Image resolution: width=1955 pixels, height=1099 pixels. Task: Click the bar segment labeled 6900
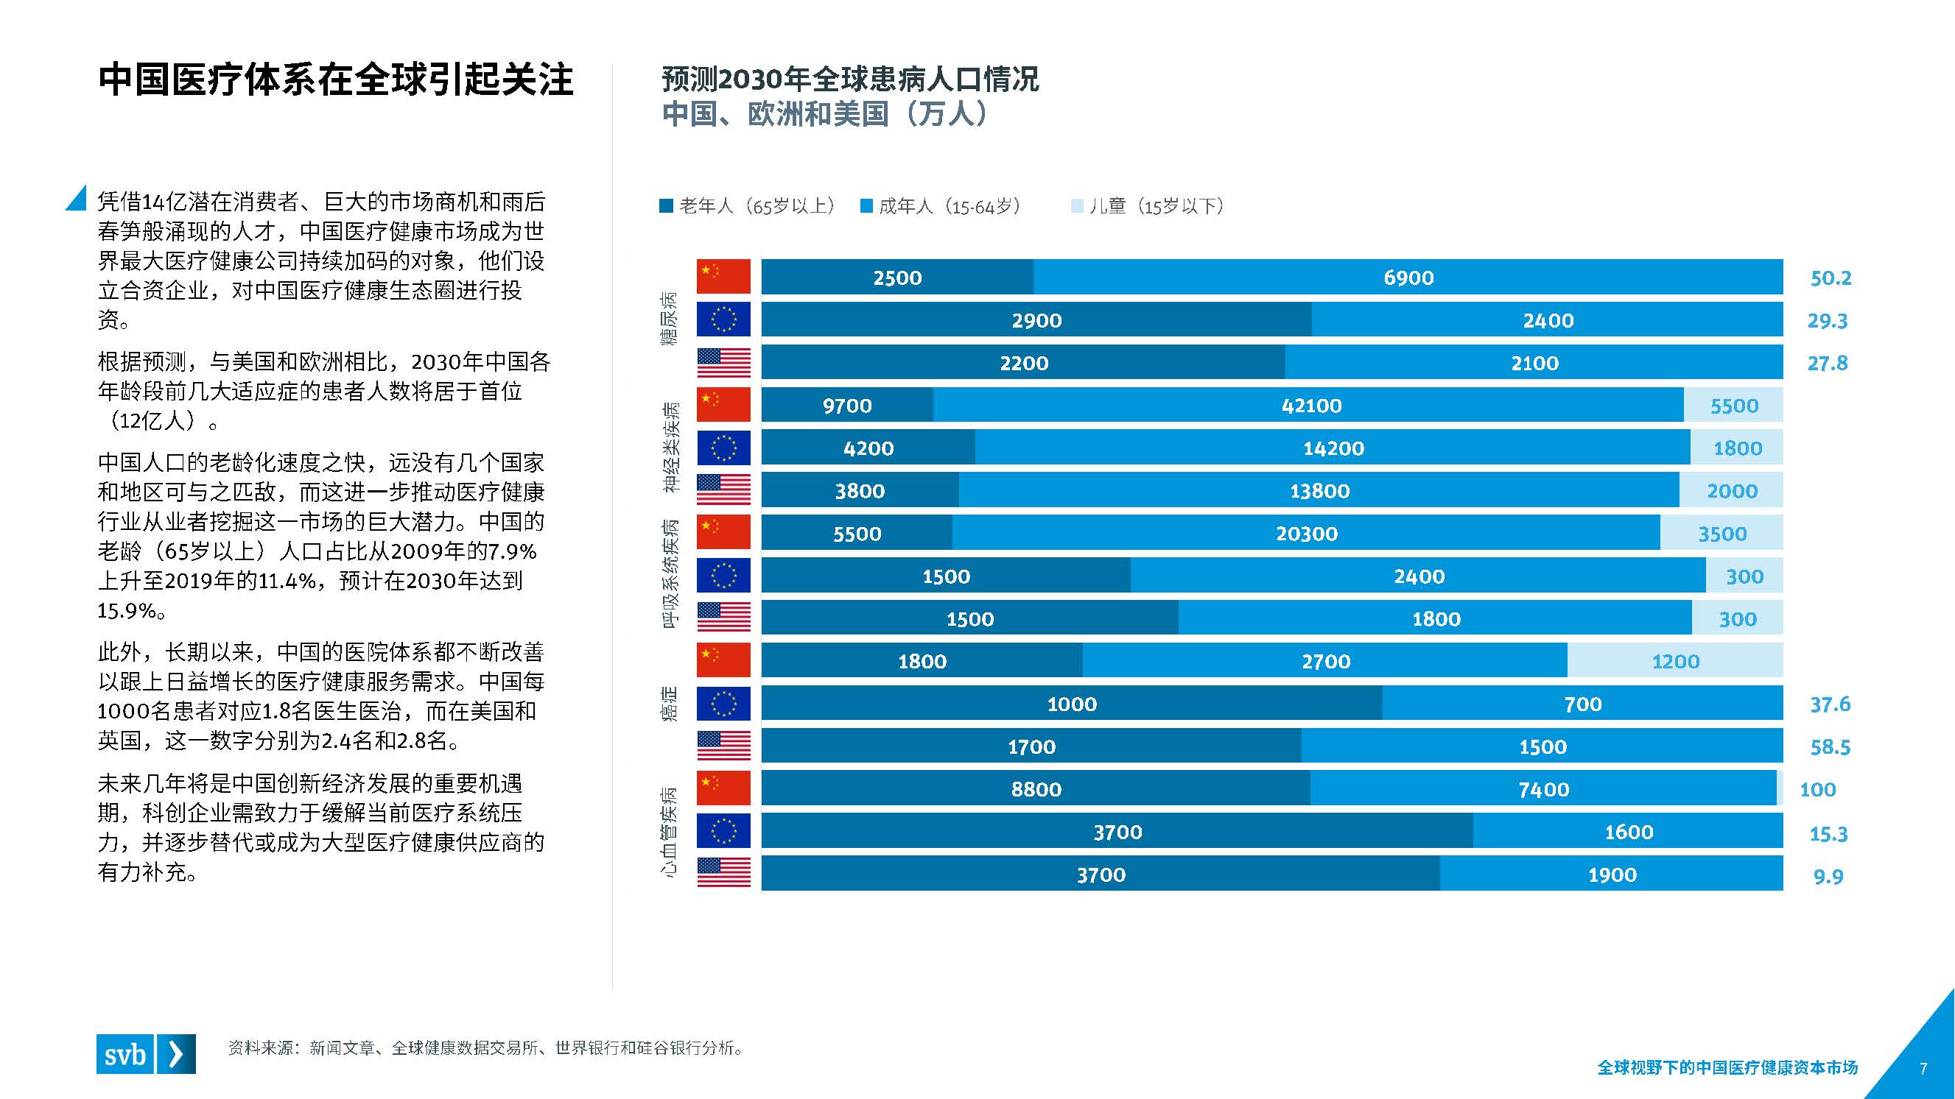click(1408, 277)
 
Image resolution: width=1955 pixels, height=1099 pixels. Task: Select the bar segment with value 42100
click(1310, 405)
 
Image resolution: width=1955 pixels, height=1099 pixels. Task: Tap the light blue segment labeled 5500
click(1733, 405)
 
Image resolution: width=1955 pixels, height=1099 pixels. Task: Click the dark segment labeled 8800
click(1035, 789)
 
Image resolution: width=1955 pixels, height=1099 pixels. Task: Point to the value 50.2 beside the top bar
click(1831, 278)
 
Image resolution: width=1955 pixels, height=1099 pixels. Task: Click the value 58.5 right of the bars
click(1830, 747)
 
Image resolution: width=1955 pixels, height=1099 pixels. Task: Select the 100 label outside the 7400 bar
click(1818, 790)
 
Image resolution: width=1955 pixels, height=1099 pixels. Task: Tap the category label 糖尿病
click(669, 319)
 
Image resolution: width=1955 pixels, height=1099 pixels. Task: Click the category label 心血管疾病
click(669, 832)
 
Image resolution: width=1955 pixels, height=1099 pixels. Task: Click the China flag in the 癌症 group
click(723, 660)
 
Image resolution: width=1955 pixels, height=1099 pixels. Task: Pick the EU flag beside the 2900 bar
click(723, 319)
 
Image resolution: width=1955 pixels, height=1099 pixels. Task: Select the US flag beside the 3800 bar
click(723, 490)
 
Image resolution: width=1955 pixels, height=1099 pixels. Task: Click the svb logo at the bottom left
click(146, 1053)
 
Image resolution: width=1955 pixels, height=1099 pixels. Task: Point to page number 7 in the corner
click(1923, 1069)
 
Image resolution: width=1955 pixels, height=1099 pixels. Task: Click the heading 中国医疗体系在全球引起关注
click(335, 79)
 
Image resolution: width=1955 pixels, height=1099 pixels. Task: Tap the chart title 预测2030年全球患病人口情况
click(850, 79)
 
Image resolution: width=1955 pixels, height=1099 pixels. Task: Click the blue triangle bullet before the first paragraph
click(77, 199)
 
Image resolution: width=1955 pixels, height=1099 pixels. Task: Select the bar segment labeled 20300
click(1305, 533)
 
